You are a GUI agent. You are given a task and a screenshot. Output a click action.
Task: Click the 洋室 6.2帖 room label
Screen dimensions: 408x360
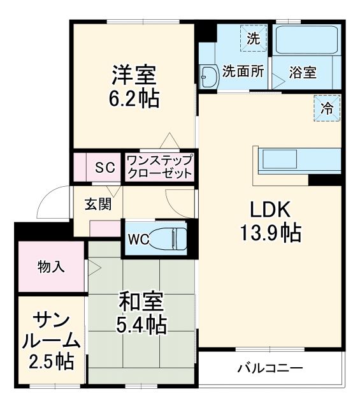click(134, 87)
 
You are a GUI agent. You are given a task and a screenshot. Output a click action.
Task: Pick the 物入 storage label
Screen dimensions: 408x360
click(51, 266)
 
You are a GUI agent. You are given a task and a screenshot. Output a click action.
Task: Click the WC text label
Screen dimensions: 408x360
click(138, 240)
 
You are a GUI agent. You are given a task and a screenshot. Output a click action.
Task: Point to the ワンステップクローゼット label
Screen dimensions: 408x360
click(159, 167)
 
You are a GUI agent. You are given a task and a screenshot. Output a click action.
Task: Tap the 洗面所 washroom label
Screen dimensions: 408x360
click(242, 72)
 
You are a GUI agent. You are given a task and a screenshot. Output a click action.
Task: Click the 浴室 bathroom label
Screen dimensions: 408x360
click(302, 73)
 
